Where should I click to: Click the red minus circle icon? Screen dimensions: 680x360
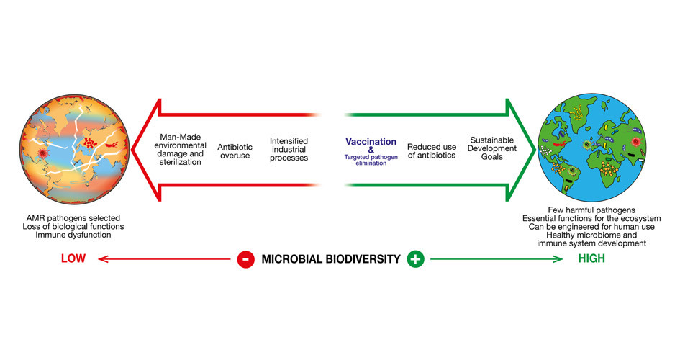point(246,259)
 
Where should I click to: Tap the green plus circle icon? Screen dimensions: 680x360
point(415,259)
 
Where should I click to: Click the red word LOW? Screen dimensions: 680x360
point(73,258)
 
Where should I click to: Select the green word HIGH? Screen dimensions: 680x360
point(591,258)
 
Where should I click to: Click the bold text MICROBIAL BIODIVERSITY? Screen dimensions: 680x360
point(331,259)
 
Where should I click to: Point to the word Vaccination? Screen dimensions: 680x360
point(371,141)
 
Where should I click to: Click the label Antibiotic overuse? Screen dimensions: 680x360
point(235,151)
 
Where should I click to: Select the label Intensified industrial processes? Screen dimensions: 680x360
point(289,149)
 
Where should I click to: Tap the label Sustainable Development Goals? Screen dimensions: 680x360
point(491,148)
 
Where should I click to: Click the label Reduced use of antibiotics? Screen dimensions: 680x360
point(432,151)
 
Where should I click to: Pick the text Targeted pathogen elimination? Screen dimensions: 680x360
point(371,160)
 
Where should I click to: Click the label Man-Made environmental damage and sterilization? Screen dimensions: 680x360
point(181,150)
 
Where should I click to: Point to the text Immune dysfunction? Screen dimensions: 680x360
point(73,235)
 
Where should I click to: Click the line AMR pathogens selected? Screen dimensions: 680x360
point(73,218)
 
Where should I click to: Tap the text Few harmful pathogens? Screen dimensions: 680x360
point(591,210)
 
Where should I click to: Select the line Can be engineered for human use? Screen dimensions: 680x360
point(591,226)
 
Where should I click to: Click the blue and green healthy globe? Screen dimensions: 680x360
point(591,148)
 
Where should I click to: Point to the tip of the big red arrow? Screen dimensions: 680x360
point(132,150)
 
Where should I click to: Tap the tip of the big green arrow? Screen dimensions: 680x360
point(536,150)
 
